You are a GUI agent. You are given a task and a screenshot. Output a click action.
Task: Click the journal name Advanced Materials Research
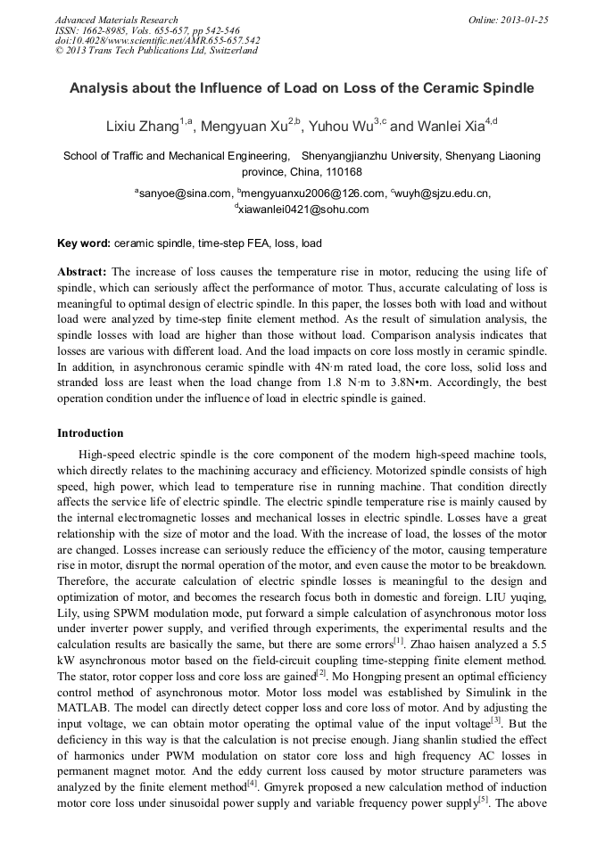[x=116, y=20]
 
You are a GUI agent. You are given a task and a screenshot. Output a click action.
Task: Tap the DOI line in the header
[x=157, y=41]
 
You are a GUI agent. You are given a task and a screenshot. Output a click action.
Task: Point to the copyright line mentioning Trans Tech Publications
[x=156, y=51]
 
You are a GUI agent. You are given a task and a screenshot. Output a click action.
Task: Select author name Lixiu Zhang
[x=143, y=127]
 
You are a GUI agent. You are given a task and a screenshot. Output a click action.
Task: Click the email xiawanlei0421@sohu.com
[x=303, y=210]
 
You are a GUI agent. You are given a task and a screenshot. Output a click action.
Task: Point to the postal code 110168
[x=342, y=171]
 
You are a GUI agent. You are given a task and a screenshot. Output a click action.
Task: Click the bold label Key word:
[x=84, y=243]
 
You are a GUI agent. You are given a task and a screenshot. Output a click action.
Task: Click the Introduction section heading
[x=90, y=433]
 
